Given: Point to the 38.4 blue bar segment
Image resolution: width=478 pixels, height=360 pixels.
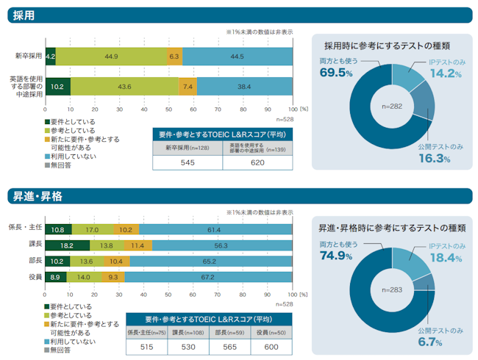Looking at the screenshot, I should [244, 87].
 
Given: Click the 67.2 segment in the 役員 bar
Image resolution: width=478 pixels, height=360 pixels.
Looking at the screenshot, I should [208, 277].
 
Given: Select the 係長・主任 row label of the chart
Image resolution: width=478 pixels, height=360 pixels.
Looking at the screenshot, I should [25, 228].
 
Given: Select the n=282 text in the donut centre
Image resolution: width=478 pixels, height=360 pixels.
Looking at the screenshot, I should [392, 107].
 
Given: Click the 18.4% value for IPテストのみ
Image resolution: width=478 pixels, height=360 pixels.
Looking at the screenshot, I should [446, 258].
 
